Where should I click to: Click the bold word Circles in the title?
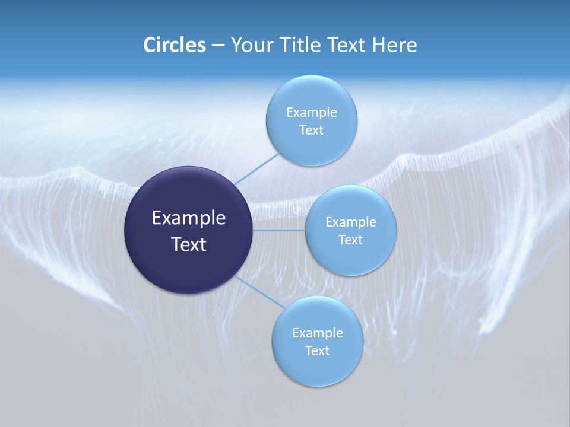pos(174,45)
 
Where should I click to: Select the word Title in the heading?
pos(298,45)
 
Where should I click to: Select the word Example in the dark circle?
pos(189,218)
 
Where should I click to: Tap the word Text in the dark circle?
pos(189,244)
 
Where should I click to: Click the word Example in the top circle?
pos(311,112)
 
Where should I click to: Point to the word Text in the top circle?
pos(311,130)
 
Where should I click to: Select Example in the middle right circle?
pos(350,222)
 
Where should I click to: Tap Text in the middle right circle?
pos(350,240)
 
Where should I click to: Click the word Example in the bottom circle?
pos(317,333)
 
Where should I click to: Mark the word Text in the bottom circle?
pos(317,351)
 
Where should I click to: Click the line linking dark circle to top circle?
pos(256,168)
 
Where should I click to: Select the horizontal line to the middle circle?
pos(279,230)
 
